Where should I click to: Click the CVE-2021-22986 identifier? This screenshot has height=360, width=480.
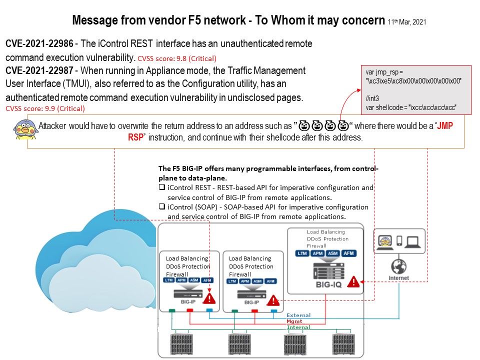click(x=39, y=44)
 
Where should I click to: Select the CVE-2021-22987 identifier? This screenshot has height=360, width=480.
click(x=39, y=70)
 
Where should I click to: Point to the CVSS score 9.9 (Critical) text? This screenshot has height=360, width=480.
click(x=45, y=108)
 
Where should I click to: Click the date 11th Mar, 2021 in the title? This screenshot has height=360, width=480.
click(x=407, y=22)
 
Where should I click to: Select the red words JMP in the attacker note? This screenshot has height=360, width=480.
click(x=445, y=126)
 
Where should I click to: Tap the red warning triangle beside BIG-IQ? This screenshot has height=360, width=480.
click(x=353, y=281)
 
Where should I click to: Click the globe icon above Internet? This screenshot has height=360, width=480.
click(x=399, y=266)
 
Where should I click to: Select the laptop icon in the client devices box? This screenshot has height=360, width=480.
click(x=413, y=242)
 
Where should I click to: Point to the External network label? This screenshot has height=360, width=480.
click(x=298, y=315)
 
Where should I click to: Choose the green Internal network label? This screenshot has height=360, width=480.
click(x=298, y=327)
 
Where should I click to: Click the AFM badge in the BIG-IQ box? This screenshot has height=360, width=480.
click(x=348, y=253)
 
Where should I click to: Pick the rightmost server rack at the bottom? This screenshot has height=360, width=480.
click(x=345, y=344)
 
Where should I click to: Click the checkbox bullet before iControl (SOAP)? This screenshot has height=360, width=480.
click(x=162, y=207)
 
